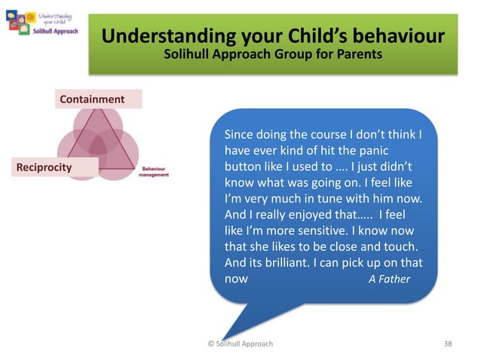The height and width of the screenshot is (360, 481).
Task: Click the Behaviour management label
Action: (x=154, y=171)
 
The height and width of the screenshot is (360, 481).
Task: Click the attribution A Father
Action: (x=389, y=279)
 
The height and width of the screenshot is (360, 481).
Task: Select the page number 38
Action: (x=448, y=343)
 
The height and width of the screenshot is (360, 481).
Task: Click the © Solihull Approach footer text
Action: (x=240, y=343)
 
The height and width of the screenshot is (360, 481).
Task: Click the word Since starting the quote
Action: (x=240, y=135)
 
